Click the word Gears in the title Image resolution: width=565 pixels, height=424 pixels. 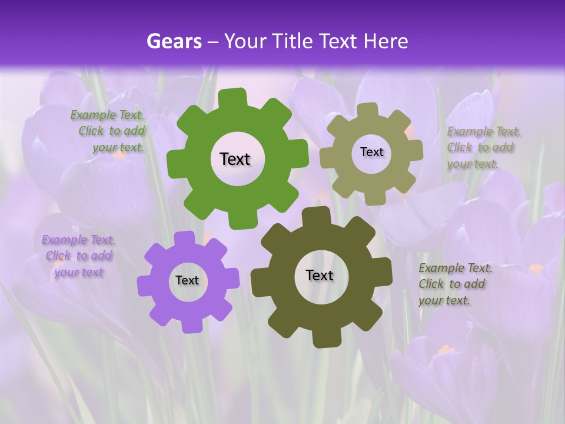[x=174, y=41]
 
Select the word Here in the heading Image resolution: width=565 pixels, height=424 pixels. [x=385, y=41]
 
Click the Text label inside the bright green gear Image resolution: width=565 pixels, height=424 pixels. [x=235, y=159]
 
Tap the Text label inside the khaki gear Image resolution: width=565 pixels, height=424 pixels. [x=371, y=152]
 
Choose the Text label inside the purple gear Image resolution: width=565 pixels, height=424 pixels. [x=187, y=280]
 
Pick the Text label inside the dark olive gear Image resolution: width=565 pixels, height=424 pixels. [x=320, y=275]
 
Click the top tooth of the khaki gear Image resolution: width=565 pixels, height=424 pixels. [x=368, y=110]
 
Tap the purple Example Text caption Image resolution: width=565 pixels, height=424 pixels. [x=79, y=256]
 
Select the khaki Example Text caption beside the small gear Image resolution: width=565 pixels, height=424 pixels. [x=483, y=147]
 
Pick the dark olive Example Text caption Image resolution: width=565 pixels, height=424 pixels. [x=454, y=284]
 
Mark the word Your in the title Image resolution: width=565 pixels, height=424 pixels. [x=245, y=41]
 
